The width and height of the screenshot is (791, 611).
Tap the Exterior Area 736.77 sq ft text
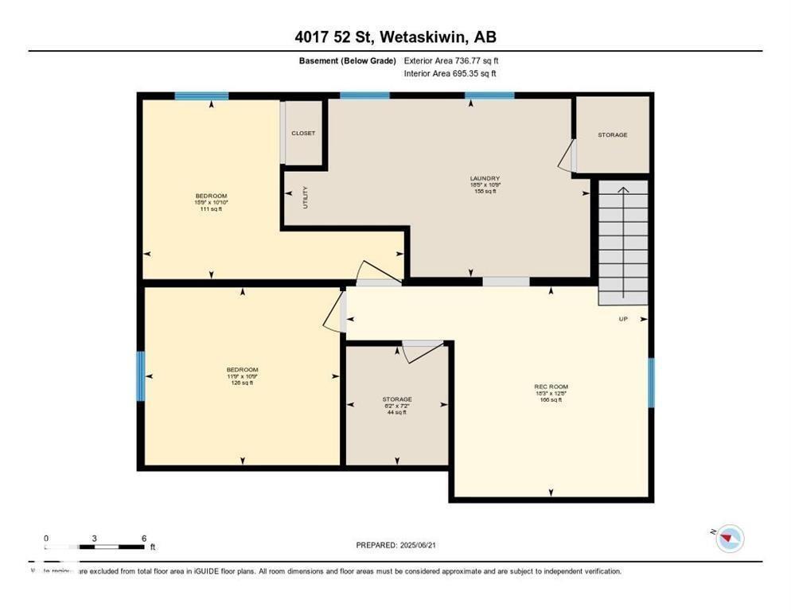point(451,60)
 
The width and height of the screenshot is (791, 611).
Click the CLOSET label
point(302,134)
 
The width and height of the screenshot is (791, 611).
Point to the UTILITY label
point(305,197)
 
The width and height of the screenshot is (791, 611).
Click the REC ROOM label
point(551,387)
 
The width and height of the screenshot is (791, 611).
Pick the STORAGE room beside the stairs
point(613,134)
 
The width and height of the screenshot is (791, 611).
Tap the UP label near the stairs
point(624,320)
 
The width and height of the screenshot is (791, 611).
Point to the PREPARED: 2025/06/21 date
point(395,545)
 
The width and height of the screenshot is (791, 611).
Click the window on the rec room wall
point(650,383)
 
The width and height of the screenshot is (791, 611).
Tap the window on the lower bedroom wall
point(141,376)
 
